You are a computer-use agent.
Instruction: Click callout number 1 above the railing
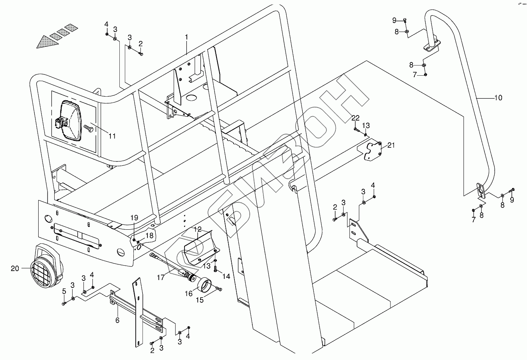186,37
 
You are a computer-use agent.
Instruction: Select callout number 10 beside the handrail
498,98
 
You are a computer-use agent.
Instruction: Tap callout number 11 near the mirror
112,136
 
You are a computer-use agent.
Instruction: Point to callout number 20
15,268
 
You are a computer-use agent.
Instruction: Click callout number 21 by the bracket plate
391,145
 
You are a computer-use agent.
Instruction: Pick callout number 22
355,118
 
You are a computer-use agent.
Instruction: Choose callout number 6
117,320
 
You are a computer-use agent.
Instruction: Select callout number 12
198,229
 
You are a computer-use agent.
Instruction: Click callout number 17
161,278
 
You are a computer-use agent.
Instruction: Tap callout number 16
189,293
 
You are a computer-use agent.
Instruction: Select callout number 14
226,277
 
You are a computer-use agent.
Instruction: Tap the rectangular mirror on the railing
70,120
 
